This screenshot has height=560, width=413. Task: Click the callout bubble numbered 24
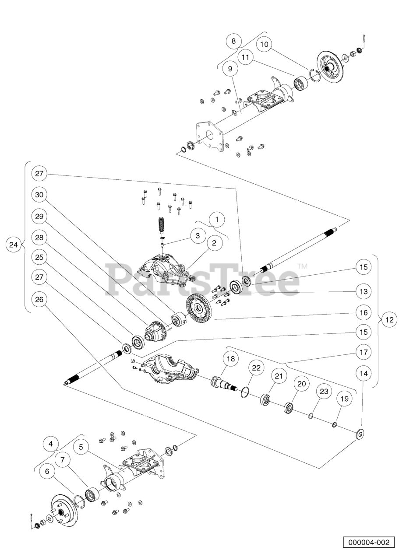(x=14, y=245)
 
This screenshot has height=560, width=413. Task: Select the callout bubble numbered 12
(x=389, y=319)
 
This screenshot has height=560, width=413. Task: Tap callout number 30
(x=39, y=195)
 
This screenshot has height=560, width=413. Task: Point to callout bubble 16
(x=364, y=312)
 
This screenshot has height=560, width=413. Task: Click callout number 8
(x=233, y=41)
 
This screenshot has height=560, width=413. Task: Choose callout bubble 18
(x=231, y=359)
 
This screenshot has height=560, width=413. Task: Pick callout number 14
(x=364, y=374)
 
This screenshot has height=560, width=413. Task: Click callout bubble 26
(x=39, y=299)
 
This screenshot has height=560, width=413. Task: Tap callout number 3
(x=198, y=235)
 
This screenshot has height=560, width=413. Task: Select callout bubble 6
(x=47, y=471)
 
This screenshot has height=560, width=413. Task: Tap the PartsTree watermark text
(x=203, y=280)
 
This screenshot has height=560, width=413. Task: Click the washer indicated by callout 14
(x=360, y=434)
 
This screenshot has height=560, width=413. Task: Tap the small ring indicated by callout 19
(x=335, y=424)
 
